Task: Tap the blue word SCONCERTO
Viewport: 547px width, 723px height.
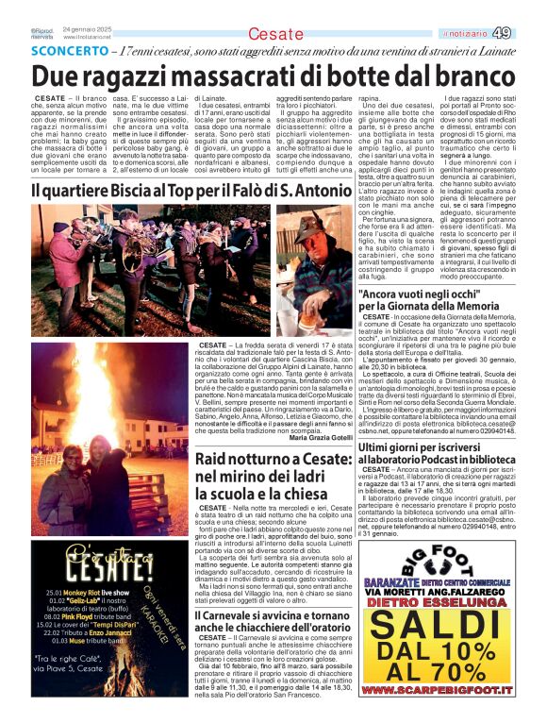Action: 64,52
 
